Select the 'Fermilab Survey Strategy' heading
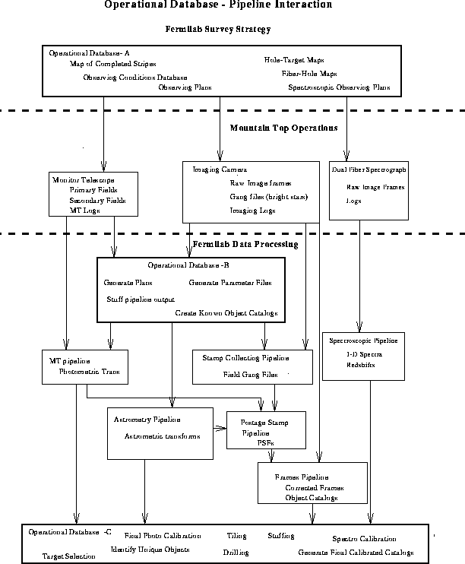pos(218,29)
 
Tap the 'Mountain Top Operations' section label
pos(283,128)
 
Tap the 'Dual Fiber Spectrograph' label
pos(369,170)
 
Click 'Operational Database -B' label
pos(188,266)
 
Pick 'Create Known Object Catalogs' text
pos(226,313)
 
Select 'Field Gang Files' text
pos(250,374)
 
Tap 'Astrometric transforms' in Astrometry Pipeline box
pos(162,436)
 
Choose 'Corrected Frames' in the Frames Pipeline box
pos(314,487)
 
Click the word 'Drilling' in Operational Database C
pos(236,553)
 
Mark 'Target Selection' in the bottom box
pos(69,556)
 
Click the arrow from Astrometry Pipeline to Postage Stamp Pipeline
pos(220,427)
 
